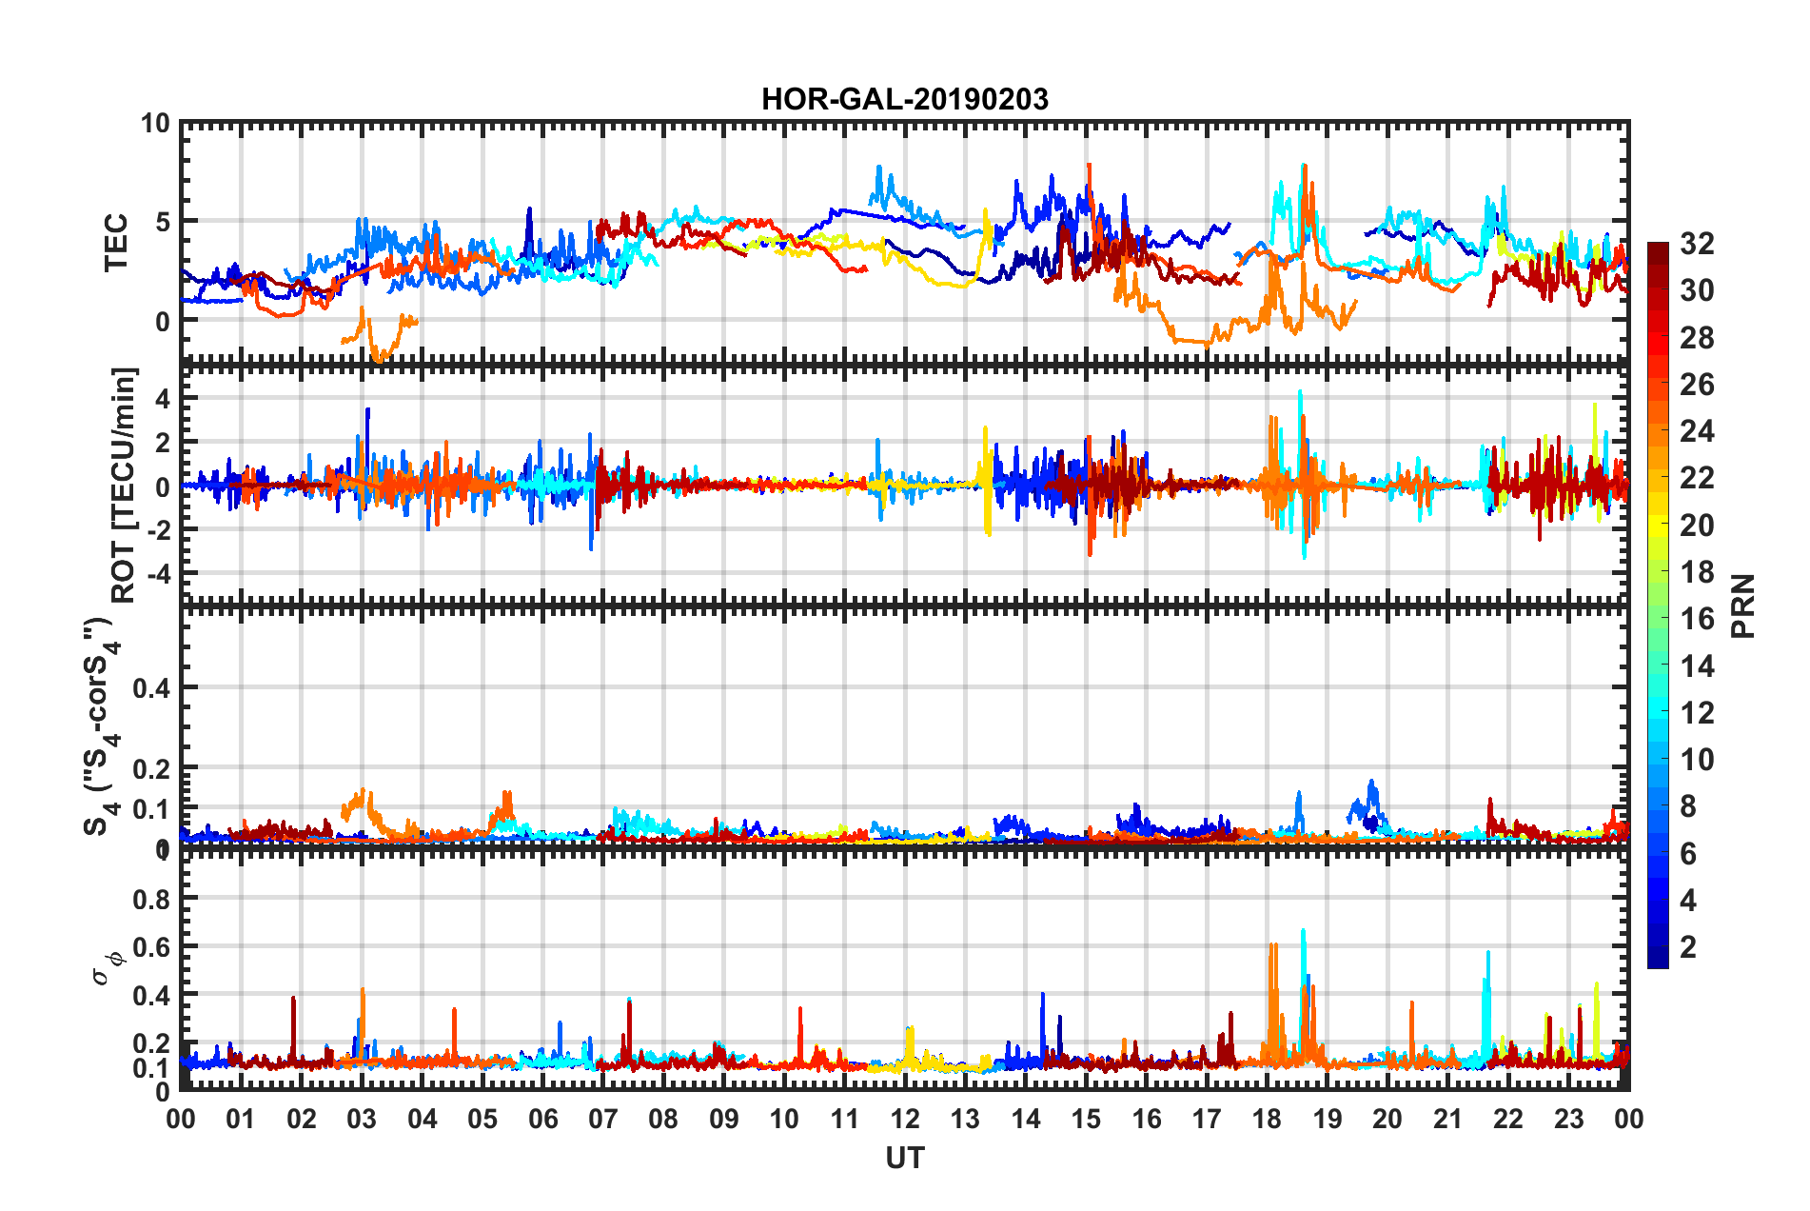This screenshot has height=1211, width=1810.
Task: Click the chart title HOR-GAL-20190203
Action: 904,99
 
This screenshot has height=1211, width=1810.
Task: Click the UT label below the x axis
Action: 904,1158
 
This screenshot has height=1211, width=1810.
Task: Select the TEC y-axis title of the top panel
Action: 116,243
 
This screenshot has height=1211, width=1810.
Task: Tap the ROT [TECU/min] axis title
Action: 124,485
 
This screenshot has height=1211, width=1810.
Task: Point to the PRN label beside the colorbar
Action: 1743,605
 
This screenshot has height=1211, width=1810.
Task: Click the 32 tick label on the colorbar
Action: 1697,244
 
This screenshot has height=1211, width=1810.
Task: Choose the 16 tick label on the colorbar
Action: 1697,619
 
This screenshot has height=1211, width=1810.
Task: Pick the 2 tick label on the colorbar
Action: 1688,946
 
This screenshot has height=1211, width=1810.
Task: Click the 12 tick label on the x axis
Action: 904,1119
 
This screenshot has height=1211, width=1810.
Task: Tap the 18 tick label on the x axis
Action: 1267,1119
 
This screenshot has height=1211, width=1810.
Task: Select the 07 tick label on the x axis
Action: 603,1119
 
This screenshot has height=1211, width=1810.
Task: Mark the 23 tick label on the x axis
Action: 1568,1119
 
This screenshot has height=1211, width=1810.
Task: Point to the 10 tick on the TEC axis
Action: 155,124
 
